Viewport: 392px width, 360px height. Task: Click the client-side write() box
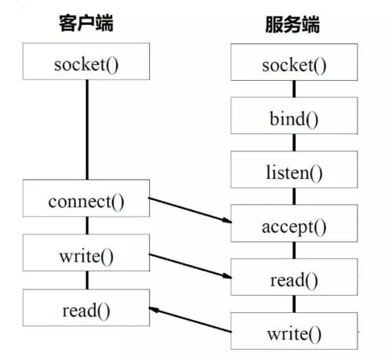(86, 255)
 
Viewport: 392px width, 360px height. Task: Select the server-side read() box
(295, 279)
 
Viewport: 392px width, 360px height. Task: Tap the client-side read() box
(86, 309)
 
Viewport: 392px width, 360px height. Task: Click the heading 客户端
(86, 23)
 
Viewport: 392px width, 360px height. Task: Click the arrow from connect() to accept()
(191, 212)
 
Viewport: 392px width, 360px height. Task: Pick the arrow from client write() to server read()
(191, 266)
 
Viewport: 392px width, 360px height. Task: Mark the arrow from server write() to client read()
(191, 322)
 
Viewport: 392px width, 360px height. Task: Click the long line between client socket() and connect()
(86, 129)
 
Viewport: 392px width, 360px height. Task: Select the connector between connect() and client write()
(86, 227)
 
